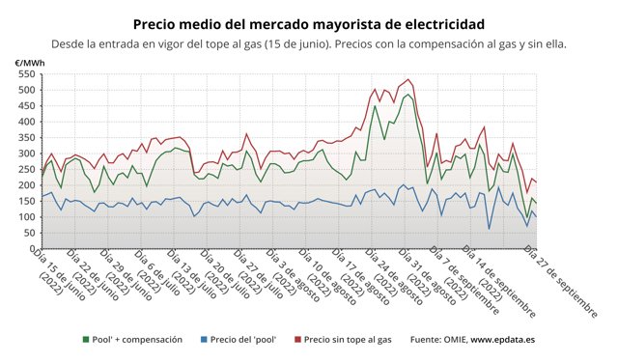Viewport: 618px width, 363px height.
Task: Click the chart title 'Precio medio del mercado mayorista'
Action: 308,22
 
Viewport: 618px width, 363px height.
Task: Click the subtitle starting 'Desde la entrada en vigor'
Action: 308,43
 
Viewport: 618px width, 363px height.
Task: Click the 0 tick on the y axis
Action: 31,248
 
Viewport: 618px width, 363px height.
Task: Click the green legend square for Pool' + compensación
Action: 86,340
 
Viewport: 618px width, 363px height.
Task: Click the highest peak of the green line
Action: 408,95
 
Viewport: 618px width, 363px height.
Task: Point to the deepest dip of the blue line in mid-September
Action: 489,229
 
